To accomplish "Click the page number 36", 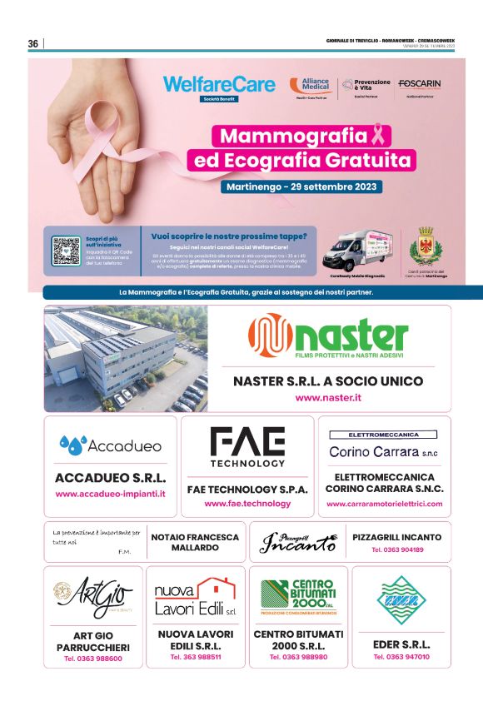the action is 33,43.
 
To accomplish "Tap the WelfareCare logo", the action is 207,84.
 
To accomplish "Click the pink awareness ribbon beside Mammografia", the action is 378,136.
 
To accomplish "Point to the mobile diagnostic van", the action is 357,247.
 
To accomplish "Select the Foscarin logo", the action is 420,85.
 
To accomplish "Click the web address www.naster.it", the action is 328,398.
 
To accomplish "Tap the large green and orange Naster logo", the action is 328,336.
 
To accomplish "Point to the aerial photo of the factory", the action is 126,358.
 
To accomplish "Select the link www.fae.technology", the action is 247,504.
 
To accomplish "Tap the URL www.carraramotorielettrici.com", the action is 385,504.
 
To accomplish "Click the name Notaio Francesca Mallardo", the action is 195,543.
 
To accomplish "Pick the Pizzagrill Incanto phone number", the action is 397,550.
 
